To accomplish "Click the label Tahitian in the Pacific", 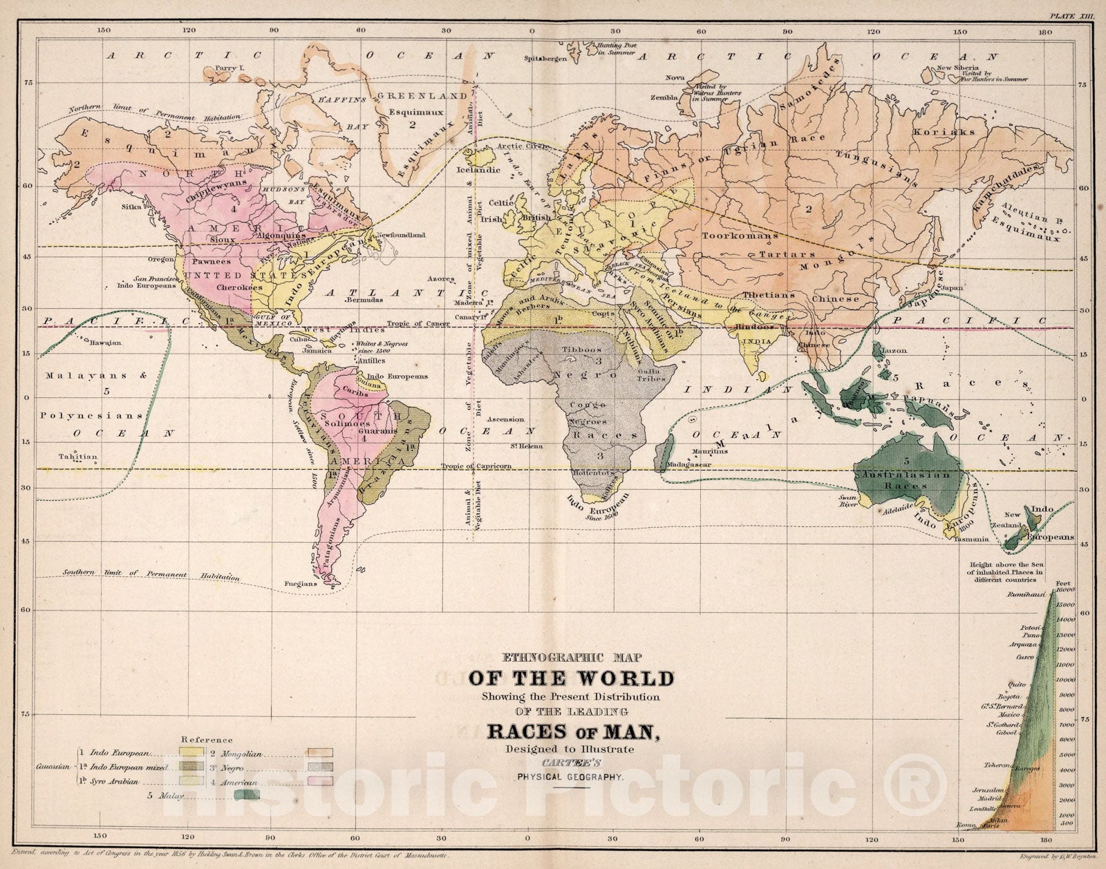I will click(x=78, y=457).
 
